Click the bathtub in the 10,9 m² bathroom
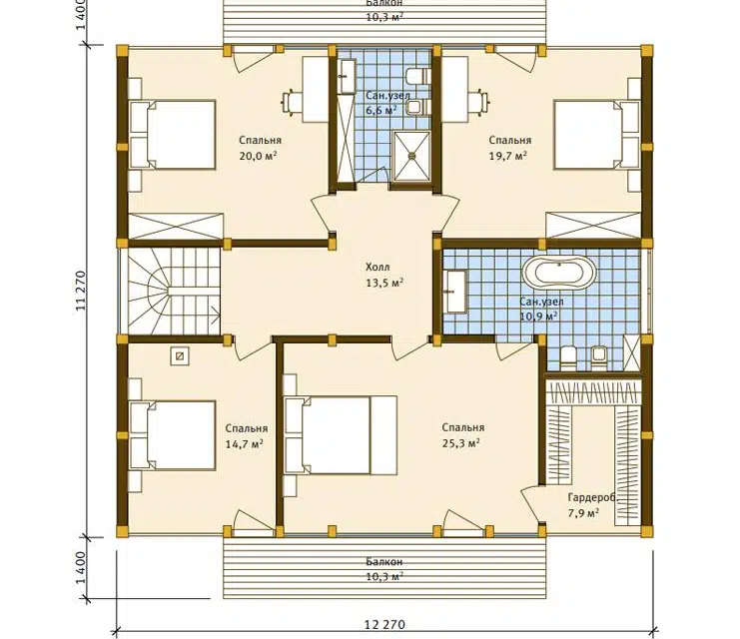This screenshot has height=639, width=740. (559, 274)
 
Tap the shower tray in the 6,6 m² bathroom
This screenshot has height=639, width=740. (412, 156)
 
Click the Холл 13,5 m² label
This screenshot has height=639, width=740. (383, 275)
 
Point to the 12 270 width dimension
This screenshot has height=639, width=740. (384, 624)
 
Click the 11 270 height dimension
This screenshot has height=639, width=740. (81, 291)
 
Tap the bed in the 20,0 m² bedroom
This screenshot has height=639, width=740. (172, 134)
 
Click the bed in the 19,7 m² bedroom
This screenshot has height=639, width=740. (596, 134)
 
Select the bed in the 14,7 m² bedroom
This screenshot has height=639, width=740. (172, 435)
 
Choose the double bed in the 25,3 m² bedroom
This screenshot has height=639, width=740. (340, 434)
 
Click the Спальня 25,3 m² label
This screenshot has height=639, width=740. (463, 434)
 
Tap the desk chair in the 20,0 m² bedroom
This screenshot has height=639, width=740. (293, 102)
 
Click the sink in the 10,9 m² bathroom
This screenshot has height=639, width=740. (455, 291)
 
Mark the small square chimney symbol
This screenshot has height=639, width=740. (180, 356)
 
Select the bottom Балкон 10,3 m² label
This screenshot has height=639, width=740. (384, 569)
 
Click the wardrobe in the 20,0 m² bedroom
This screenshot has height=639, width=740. (176, 226)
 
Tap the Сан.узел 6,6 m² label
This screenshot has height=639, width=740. (381, 103)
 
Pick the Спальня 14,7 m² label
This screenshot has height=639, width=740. (247, 435)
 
